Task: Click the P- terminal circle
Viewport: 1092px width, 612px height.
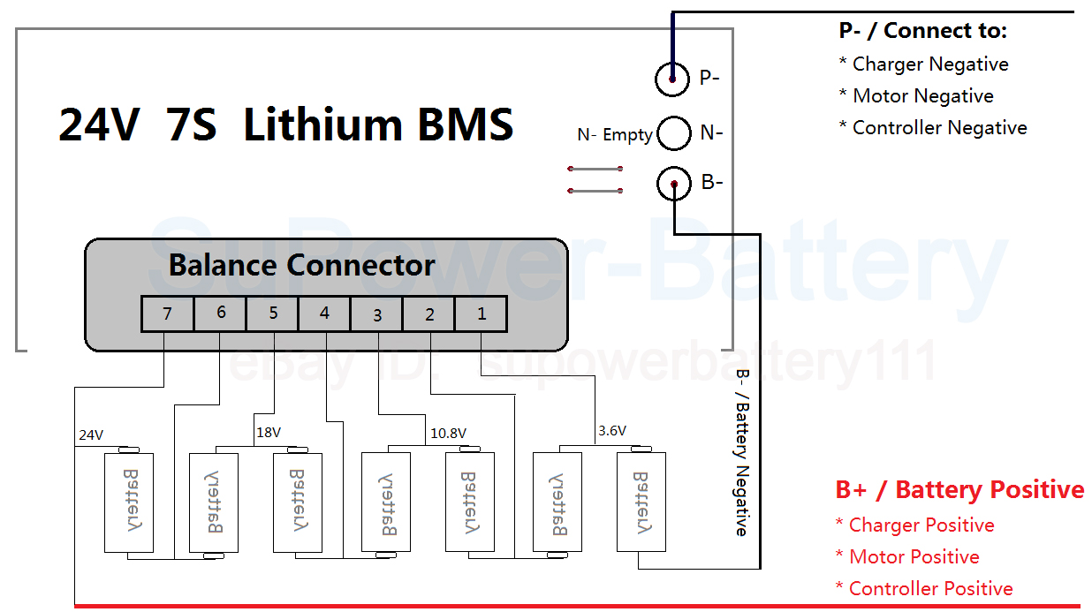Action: click(x=672, y=79)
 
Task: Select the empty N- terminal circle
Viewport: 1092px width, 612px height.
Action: click(x=674, y=132)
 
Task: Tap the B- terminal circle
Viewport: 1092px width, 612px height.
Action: click(x=674, y=184)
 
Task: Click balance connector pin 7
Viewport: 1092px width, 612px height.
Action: click(x=168, y=314)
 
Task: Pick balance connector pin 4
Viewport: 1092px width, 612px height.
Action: click(x=324, y=314)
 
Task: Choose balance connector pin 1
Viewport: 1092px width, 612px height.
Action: click(x=481, y=314)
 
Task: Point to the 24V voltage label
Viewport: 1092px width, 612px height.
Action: click(x=91, y=435)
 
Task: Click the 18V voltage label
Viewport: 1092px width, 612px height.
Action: click(x=269, y=434)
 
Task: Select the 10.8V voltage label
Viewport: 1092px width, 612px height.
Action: click(x=448, y=434)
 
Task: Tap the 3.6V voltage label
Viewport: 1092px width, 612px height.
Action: click(x=611, y=431)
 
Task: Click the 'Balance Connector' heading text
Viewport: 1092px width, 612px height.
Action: click(x=301, y=265)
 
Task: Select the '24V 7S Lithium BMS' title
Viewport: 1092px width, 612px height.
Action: click(x=285, y=125)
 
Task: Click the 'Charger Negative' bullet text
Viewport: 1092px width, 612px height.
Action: click(x=929, y=64)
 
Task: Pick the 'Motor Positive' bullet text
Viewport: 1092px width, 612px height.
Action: click(x=914, y=557)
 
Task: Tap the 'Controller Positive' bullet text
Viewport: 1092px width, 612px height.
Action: click(x=930, y=589)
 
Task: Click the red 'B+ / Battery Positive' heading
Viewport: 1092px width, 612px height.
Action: click(x=959, y=490)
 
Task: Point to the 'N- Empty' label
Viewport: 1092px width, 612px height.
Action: click(x=614, y=135)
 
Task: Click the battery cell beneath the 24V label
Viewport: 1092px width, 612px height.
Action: click(x=128, y=502)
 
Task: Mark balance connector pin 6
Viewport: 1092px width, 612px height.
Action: click(x=220, y=314)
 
